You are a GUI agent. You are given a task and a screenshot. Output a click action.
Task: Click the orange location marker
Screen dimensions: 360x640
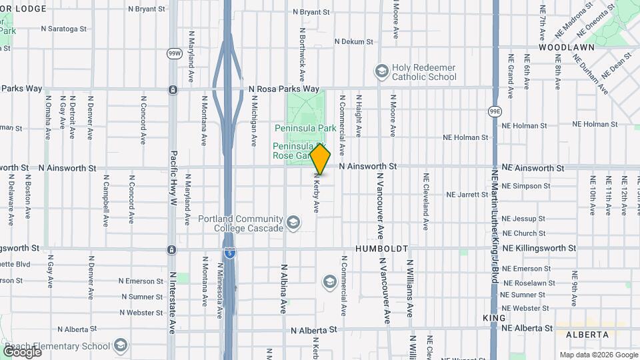(x=320, y=159)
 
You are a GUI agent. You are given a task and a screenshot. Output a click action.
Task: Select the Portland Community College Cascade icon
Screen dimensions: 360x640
(x=293, y=222)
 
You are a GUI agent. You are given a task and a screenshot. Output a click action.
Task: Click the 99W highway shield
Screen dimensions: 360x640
(x=175, y=53)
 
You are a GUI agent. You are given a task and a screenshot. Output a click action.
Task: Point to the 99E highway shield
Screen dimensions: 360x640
(x=495, y=111)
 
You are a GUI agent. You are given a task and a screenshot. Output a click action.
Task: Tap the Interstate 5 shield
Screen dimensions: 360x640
(x=229, y=253)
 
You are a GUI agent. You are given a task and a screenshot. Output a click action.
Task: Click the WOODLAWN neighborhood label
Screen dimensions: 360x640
(x=562, y=48)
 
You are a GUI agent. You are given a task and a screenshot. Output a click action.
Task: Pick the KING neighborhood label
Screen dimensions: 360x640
(x=495, y=319)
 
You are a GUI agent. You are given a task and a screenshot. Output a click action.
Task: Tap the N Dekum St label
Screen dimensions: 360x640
(x=353, y=41)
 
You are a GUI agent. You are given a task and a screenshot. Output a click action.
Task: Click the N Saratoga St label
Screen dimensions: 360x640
(x=63, y=29)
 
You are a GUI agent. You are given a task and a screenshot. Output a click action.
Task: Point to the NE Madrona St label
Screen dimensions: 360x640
(x=568, y=18)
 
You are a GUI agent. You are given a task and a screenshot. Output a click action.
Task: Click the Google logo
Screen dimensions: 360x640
(x=22, y=352)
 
